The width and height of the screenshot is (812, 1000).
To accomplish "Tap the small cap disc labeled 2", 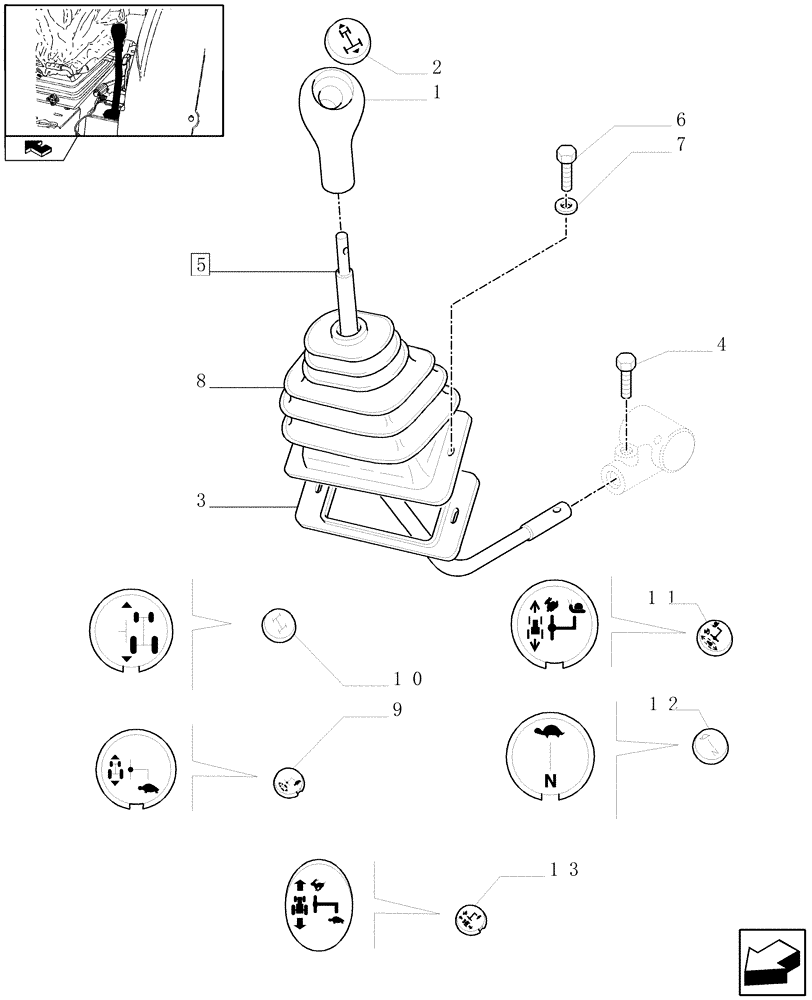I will (x=346, y=42).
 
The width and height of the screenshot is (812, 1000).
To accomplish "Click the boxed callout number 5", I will (x=201, y=265).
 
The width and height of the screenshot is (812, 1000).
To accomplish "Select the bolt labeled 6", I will (x=565, y=167).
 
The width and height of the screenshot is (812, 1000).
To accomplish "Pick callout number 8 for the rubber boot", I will (x=203, y=381).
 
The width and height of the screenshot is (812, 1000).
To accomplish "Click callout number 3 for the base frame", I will (x=202, y=503).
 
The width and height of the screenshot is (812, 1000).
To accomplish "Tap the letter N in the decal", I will (x=548, y=780).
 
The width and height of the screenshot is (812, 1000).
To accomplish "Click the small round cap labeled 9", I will (x=289, y=783).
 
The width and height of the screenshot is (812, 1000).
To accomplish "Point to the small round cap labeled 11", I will (x=711, y=636).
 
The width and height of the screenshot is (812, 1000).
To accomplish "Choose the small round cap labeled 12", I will (x=710, y=745).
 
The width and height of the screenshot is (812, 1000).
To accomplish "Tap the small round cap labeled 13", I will (x=470, y=918).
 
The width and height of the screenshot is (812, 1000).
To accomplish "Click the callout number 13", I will (x=564, y=869).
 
